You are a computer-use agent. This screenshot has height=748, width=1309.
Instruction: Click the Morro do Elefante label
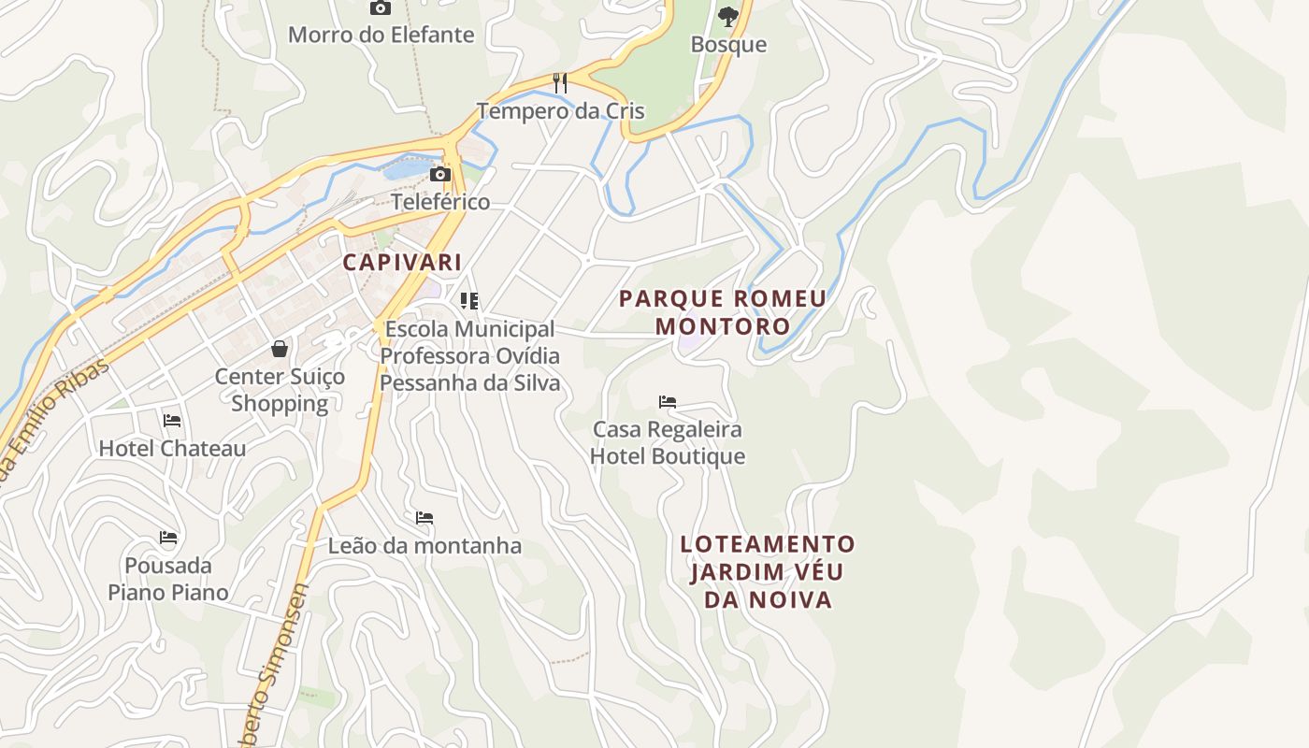[381, 36]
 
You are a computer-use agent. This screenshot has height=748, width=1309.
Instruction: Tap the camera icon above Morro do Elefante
[381, 8]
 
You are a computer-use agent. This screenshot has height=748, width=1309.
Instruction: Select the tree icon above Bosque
[727, 16]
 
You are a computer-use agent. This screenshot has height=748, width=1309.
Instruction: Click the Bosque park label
[728, 45]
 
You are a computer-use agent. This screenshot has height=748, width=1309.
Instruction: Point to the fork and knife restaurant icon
[560, 83]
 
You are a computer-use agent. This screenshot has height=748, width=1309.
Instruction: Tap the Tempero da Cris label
[560, 111]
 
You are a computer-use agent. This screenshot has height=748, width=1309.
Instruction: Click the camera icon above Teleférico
[440, 174]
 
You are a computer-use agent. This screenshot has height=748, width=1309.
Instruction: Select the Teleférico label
[440, 202]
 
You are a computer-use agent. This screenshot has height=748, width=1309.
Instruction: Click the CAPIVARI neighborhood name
[402, 262]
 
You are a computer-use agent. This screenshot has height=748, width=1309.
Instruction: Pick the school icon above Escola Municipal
[469, 301]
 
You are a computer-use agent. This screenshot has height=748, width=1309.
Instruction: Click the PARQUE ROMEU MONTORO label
[723, 312]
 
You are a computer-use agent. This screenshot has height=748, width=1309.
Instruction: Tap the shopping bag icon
[280, 349]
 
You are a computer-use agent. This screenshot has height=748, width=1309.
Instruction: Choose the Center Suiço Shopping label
[280, 390]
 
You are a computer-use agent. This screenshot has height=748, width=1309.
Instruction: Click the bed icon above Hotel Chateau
[172, 421]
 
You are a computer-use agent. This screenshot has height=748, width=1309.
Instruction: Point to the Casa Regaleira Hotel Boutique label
[668, 443]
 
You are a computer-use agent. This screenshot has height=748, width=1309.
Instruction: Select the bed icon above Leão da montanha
[424, 518]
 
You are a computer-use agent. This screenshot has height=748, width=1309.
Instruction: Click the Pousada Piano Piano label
[168, 579]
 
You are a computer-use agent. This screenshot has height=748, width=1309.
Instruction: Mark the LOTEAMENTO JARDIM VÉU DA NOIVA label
[768, 571]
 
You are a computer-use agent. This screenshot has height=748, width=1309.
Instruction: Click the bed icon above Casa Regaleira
[668, 402]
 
